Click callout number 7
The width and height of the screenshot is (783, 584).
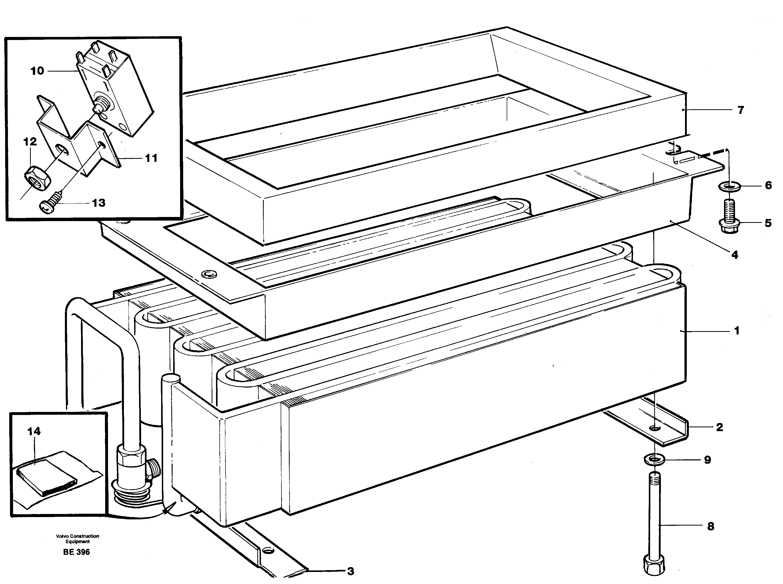[x=741, y=110]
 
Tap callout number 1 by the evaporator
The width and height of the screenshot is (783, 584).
[x=737, y=331]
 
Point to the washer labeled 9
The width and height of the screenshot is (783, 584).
[x=654, y=460]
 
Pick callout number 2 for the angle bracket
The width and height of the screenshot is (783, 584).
[x=719, y=427]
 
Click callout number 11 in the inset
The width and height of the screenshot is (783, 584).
[x=151, y=158]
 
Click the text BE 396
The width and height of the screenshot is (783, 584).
[x=76, y=552]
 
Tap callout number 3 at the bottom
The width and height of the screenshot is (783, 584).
[x=350, y=571]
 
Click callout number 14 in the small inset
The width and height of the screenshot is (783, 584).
[x=34, y=431]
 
